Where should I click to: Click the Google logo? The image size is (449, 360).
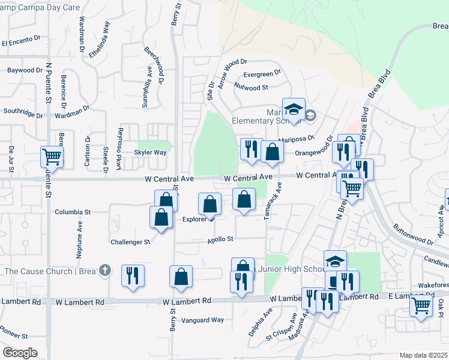pyautogui.click(x=20, y=353)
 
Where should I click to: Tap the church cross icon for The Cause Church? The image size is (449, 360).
pyautogui.click(x=105, y=271)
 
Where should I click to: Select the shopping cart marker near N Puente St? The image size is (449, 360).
pyautogui.click(x=52, y=157)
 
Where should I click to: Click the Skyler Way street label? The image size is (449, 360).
pyautogui.click(x=151, y=152)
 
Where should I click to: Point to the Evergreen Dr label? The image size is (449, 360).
pyautogui.click(x=262, y=74)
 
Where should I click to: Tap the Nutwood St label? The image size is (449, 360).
pyautogui.click(x=252, y=88)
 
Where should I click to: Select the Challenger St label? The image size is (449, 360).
pyautogui.click(x=130, y=242)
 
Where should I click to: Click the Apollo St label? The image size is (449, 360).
pyautogui.click(x=220, y=239)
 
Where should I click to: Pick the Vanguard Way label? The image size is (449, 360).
pyautogui.click(x=203, y=320)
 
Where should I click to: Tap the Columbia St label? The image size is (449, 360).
pyautogui.click(x=73, y=212)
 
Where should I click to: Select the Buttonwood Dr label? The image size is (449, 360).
pyautogui.click(x=412, y=233)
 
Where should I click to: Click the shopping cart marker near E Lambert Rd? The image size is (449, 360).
pyautogui.click(x=421, y=305)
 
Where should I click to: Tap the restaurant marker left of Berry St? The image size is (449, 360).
pyautogui.click(x=132, y=275)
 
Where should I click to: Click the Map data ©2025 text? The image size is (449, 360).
pyautogui.click(x=423, y=355)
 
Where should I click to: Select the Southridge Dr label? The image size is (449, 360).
pyautogui.click(x=22, y=111)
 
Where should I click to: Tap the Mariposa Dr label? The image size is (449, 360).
pyautogui.click(x=308, y=140)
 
